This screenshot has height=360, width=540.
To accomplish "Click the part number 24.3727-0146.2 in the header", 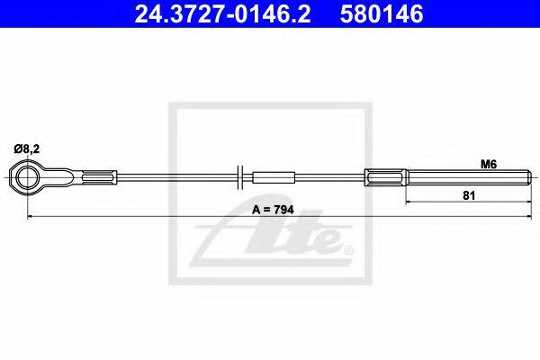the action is click(222, 14).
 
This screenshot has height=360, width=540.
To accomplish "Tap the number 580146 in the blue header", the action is click(382, 14).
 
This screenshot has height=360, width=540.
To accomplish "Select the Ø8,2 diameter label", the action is click(27, 149).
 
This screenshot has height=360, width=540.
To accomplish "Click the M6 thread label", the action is click(489, 165).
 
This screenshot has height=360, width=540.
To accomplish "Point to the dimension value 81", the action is click(469, 195).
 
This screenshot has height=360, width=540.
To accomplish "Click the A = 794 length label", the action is click(273, 210).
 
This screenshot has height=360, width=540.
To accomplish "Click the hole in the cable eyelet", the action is click(27, 178).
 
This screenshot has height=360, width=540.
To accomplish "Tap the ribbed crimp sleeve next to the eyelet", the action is click(100, 178).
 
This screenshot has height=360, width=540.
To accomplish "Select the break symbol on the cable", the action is click(240, 177).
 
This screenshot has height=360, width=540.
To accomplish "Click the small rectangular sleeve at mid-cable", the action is click(274, 178).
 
